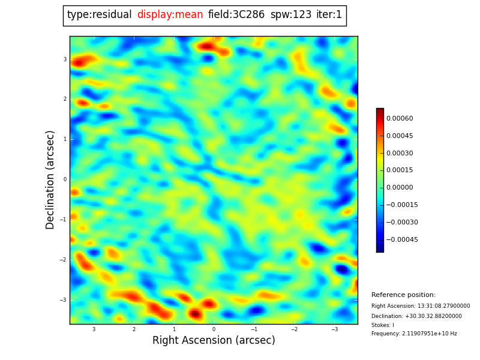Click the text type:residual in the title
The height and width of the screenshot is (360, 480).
pos(99,15)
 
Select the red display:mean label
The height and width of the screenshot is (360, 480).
pos(170,15)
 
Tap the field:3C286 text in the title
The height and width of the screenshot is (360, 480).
pos(236,15)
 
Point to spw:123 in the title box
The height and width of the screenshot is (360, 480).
pos(290,15)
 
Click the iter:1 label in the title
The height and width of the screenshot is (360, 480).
pos(329,15)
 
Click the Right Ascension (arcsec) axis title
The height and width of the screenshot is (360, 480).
pos(214,341)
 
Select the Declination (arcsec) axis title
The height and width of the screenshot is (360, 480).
pos(50,179)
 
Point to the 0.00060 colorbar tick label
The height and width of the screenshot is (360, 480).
pos(400,119)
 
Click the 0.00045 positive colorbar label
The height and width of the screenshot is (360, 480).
pos(400,136)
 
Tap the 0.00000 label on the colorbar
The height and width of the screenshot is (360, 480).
pos(400,188)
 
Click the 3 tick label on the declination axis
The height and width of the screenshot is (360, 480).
pos(65,59)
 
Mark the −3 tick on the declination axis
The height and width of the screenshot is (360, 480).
pos(64,300)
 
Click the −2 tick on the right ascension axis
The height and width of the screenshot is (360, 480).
pos(294,329)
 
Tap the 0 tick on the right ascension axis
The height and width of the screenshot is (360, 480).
pos(214,329)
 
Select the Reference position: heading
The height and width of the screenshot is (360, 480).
pos(403,295)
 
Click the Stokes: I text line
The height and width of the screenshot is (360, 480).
pos(383,325)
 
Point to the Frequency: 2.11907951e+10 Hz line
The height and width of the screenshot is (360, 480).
pos(414,334)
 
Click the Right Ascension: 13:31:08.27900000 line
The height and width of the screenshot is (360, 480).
pos(421,306)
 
